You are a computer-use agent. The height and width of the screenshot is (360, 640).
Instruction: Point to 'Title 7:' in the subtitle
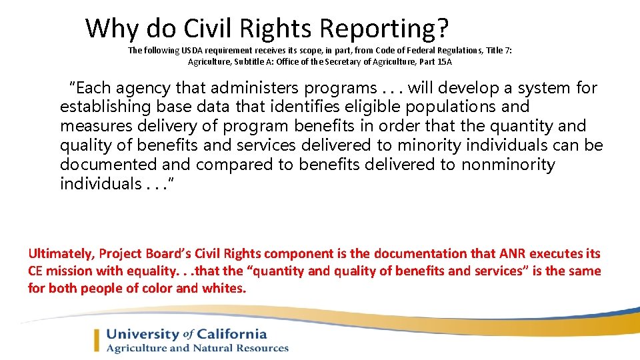pos(497,51)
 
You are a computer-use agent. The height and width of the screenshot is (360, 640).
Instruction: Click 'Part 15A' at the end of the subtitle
pos(435,62)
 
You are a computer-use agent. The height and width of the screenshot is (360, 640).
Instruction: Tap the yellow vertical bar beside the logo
pos(97,341)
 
